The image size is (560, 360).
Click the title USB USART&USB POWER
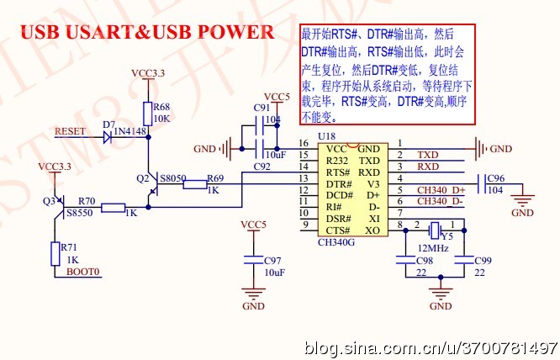(x=147, y=32)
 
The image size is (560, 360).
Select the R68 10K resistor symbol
(x=149, y=113)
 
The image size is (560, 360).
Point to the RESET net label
(x=70, y=132)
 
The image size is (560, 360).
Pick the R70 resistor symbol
(x=113, y=208)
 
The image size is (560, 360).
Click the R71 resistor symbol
(x=54, y=254)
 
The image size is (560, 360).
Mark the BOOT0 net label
(x=83, y=273)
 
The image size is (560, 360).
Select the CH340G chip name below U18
(x=335, y=242)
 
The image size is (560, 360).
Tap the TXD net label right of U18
(x=428, y=155)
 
